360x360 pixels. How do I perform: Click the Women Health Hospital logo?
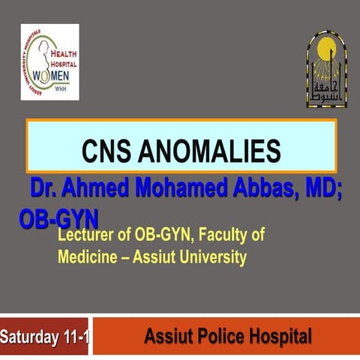point(49,61)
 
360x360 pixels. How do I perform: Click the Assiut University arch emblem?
point(326,67)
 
